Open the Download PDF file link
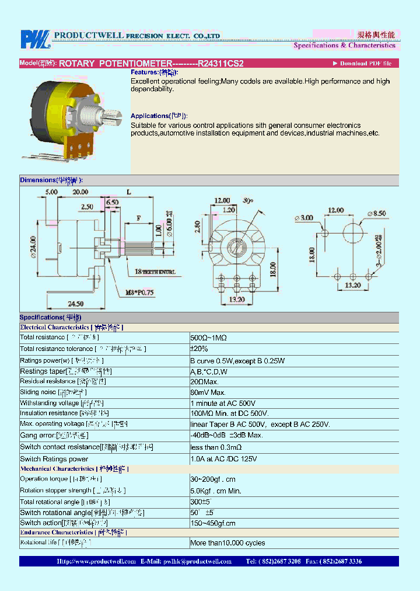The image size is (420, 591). [x=362, y=63]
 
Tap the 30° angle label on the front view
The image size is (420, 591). [x=248, y=200]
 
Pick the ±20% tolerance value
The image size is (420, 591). [x=199, y=349]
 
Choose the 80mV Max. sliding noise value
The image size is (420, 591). [x=208, y=392]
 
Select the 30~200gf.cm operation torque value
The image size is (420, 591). [x=213, y=479]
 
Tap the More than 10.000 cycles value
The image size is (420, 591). [x=228, y=543]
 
